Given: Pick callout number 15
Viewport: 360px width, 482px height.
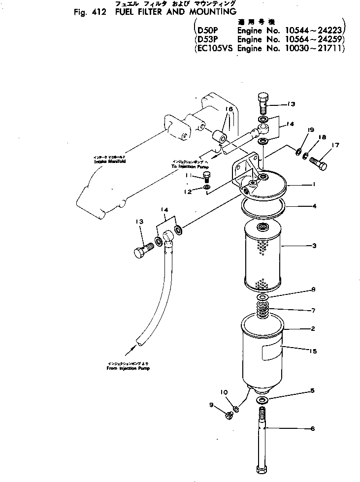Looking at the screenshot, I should coord(312,352).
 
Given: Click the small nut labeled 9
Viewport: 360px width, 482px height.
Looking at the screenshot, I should coord(229,416).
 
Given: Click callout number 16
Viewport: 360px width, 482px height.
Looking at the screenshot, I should coord(229,109).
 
